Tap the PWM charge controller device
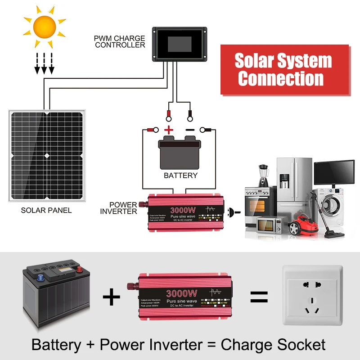179,44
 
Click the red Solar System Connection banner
284,70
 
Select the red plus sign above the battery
169,130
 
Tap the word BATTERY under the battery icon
180,175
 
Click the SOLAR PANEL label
46,210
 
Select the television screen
333,171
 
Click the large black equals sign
259,297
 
